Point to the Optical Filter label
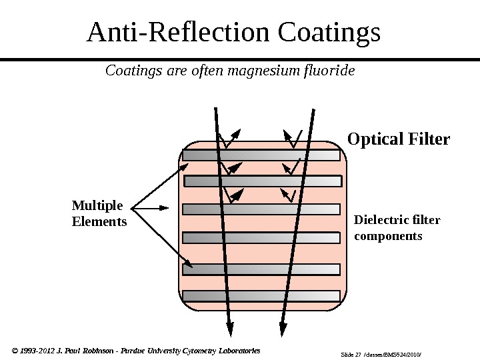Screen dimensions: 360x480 click(399, 140)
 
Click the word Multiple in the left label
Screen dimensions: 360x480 click(97, 205)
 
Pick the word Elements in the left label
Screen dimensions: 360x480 click(99, 221)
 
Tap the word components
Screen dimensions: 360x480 click(388, 236)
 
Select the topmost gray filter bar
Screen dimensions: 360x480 click(261, 155)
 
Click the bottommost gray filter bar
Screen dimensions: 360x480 click(261, 296)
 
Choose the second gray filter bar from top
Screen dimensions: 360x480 click(263, 181)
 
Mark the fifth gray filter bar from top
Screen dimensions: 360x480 click(261, 269)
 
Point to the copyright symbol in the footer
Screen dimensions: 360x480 click(16, 350)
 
